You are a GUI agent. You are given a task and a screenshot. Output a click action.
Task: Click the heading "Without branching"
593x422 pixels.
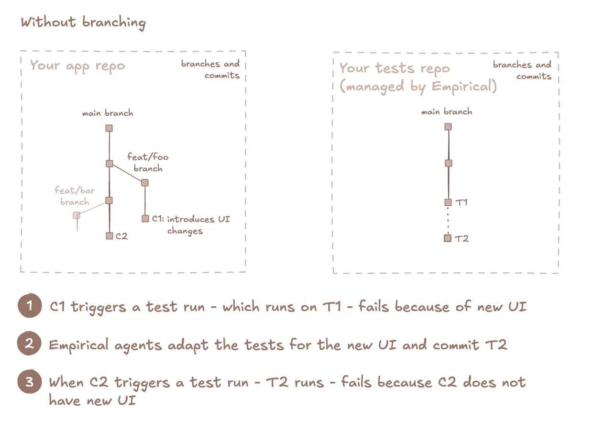[x=83, y=22]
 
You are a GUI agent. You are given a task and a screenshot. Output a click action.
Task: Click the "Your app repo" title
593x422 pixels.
[x=77, y=66]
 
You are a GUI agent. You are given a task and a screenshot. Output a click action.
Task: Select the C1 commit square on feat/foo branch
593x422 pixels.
[x=145, y=219]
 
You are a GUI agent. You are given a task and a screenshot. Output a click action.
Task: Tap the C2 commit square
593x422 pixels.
[x=110, y=236]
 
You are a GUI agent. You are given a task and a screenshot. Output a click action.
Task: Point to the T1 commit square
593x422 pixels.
[x=448, y=202]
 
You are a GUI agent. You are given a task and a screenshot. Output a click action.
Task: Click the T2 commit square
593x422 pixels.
[x=448, y=238]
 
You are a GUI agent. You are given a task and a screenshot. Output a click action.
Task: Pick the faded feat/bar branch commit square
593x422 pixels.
[x=77, y=215]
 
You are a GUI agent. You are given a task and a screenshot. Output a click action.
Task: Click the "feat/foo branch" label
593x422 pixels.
[x=148, y=163]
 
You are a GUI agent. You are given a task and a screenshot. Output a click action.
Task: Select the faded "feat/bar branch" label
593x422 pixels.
[x=75, y=196]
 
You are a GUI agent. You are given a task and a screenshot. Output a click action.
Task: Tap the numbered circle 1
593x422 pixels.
[x=30, y=306]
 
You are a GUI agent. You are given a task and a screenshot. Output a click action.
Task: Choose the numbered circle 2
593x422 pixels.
[x=30, y=344]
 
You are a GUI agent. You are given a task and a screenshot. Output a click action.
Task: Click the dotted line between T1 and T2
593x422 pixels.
[x=448, y=221]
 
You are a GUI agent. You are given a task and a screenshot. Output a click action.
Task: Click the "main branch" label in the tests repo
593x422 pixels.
[x=447, y=112]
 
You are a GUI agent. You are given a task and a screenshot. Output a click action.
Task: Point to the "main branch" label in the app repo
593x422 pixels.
[x=108, y=113]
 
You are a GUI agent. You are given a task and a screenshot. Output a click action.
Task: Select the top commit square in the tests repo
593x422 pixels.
[x=448, y=127]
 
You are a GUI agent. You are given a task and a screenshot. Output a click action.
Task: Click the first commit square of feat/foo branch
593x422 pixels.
[x=145, y=183]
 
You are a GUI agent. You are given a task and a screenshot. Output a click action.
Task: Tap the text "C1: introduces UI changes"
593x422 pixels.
[x=190, y=225]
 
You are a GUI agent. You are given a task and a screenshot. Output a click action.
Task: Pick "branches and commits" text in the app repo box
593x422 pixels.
[x=210, y=69]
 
